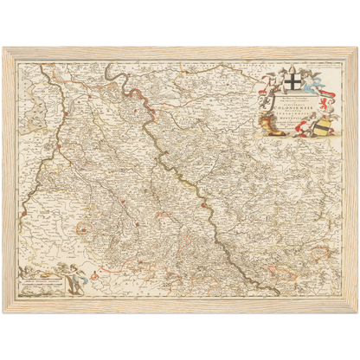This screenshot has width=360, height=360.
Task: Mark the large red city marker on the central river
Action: pyautogui.click(x=202, y=206)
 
